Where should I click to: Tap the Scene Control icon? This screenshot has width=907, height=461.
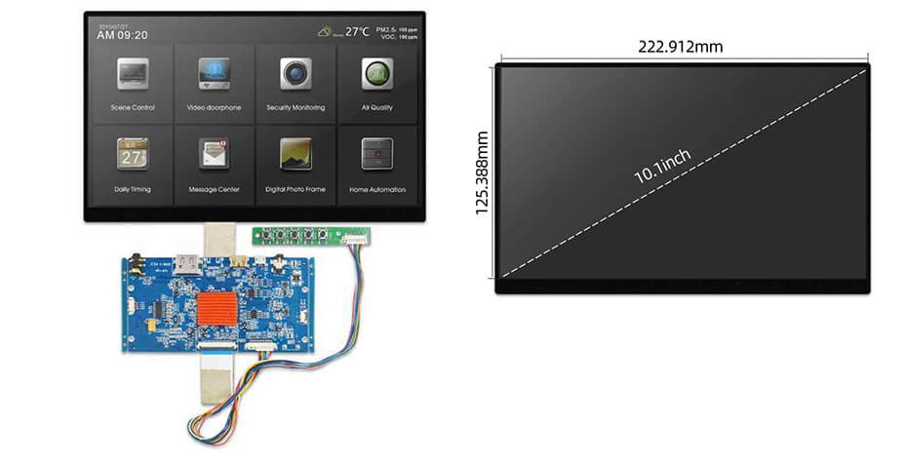click(x=132, y=74)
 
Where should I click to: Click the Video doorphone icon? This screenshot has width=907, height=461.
click(x=214, y=74)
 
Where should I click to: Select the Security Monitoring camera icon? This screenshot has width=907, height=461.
click(x=296, y=74)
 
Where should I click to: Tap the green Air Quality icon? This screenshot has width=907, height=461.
click(x=376, y=74)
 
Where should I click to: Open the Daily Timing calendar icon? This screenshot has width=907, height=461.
click(x=132, y=154)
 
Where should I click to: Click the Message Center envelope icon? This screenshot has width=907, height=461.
click(x=214, y=154)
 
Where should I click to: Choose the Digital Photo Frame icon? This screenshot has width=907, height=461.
click(x=296, y=154)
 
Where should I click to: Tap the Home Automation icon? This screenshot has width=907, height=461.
click(x=376, y=154)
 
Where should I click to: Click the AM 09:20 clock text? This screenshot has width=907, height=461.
click(x=122, y=35)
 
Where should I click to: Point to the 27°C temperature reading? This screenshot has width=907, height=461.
click(x=357, y=31)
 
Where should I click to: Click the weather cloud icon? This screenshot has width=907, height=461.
click(x=326, y=31)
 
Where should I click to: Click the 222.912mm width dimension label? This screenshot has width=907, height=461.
click(x=681, y=46)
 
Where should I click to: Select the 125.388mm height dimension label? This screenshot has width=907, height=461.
click(x=482, y=175)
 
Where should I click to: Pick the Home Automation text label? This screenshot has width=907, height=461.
click(x=377, y=189)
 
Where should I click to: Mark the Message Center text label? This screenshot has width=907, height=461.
click(x=214, y=189)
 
